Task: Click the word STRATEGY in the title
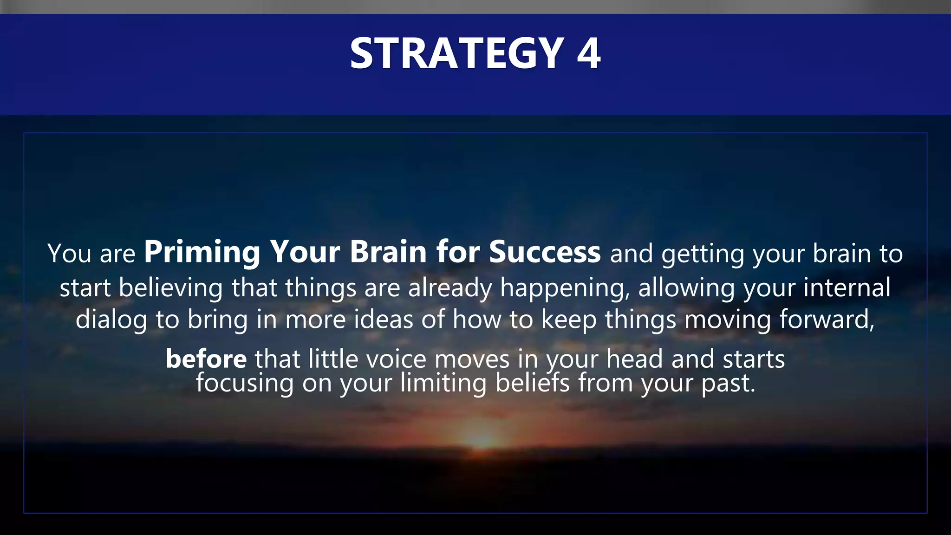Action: (x=457, y=54)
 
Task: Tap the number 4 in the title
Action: (x=588, y=54)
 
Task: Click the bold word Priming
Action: (x=202, y=253)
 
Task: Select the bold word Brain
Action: (x=388, y=253)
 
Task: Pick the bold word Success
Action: (x=545, y=253)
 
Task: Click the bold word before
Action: (x=206, y=359)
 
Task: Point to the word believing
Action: (x=170, y=288)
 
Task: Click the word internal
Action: (x=847, y=287)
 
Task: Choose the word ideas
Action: (x=383, y=320)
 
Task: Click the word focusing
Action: (x=245, y=384)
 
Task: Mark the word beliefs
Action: (x=532, y=384)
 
